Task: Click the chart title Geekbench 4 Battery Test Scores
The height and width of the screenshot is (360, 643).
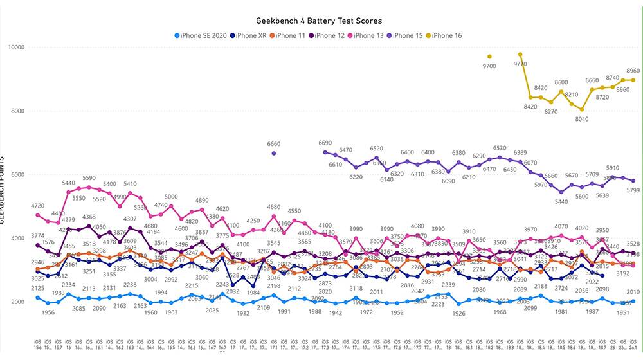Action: point(321,21)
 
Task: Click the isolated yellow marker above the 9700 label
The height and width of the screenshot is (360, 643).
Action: point(489,57)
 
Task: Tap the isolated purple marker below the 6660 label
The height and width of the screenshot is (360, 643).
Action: point(273,153)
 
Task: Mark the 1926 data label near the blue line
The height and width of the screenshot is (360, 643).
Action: point(458,314)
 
